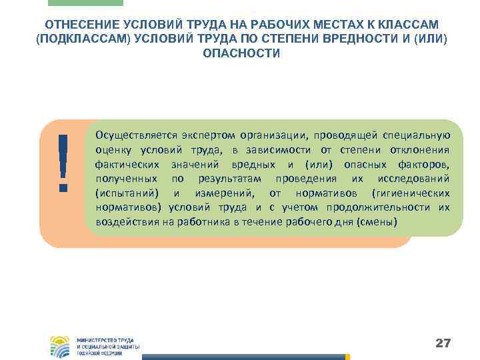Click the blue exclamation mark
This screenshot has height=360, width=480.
pos(64,161)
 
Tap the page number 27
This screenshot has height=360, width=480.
pos(443,343)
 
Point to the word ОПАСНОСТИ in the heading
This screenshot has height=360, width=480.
pos(241,53)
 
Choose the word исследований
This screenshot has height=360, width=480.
pos(411,179)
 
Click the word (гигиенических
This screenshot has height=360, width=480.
pos(411,194)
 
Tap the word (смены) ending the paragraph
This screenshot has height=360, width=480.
pos(380,223)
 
